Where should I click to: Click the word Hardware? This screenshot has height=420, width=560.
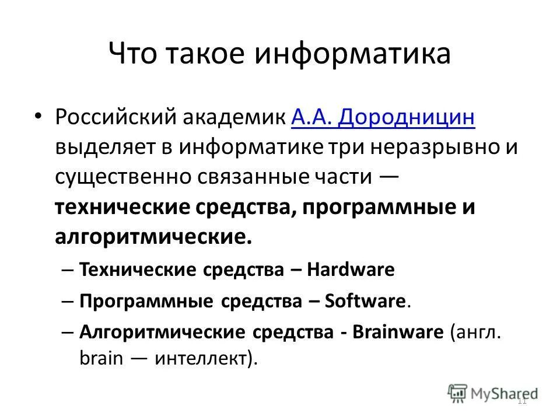click(351, 269)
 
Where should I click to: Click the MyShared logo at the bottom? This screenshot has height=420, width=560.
click(493, 393)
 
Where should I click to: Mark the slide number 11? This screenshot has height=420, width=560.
click(522, 401)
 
